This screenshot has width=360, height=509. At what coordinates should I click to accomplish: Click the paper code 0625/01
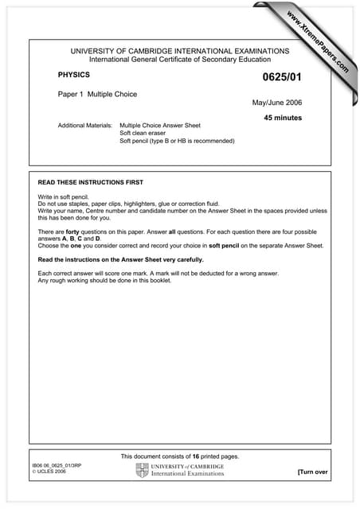click(x=282, y=78)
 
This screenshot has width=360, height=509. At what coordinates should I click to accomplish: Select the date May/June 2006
click(x=277, y=103)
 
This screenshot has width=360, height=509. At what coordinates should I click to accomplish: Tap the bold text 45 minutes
click(x=284, y=118)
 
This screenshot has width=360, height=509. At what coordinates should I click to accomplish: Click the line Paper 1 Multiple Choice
click(x=97, y=94)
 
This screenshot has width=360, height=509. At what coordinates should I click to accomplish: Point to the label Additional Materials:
click(x=85, y=126)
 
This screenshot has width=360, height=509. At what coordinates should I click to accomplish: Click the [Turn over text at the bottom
click(x=312, y=472)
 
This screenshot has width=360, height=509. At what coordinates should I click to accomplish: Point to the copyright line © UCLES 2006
click(x=49, y=472)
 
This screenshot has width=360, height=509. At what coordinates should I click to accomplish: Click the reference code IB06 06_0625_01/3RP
click(x=58, y=464)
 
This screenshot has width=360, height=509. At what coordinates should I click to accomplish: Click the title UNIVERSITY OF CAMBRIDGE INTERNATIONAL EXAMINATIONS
click(x=179, y=51)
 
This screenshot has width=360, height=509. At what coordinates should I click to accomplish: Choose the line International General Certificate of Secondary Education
click(x=179, y=60)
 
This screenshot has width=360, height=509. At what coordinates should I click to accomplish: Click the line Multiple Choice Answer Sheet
click(x=159, y=126)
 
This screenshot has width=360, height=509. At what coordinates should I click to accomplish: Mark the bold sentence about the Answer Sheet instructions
click(x=121, y=260)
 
